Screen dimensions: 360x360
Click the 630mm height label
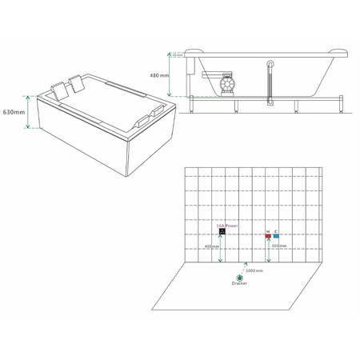point(13,112)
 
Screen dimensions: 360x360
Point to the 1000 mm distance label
point(254,270)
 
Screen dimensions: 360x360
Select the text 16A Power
point(227,226)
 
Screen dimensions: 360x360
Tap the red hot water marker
point(267,237)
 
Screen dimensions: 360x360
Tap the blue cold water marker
point(276,237)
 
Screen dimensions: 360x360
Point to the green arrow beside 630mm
point(29,112)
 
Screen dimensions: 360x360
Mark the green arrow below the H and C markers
point(269,248)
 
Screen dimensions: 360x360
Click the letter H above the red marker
point(267,231)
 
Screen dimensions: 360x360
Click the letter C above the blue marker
point(276,231)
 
